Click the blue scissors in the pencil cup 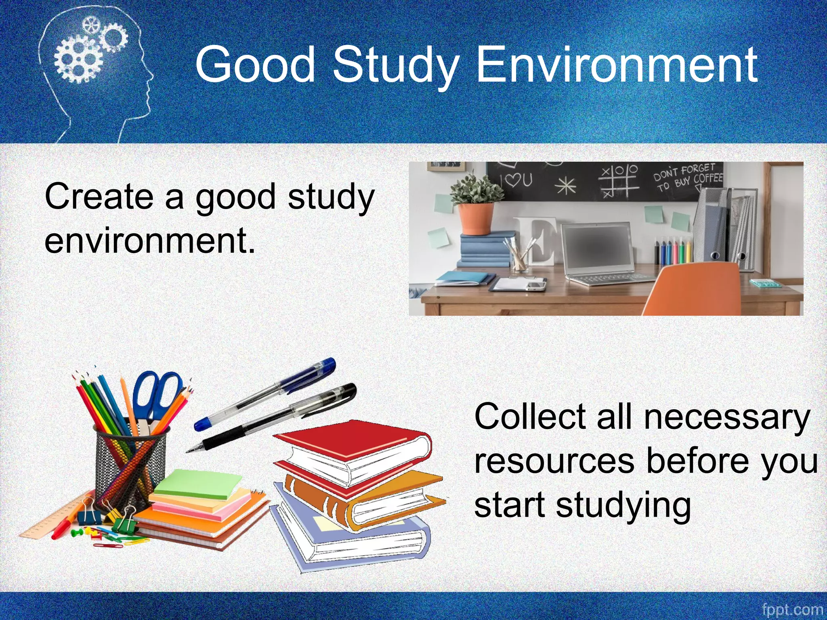pyautogui.click(x=155, y=396)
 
